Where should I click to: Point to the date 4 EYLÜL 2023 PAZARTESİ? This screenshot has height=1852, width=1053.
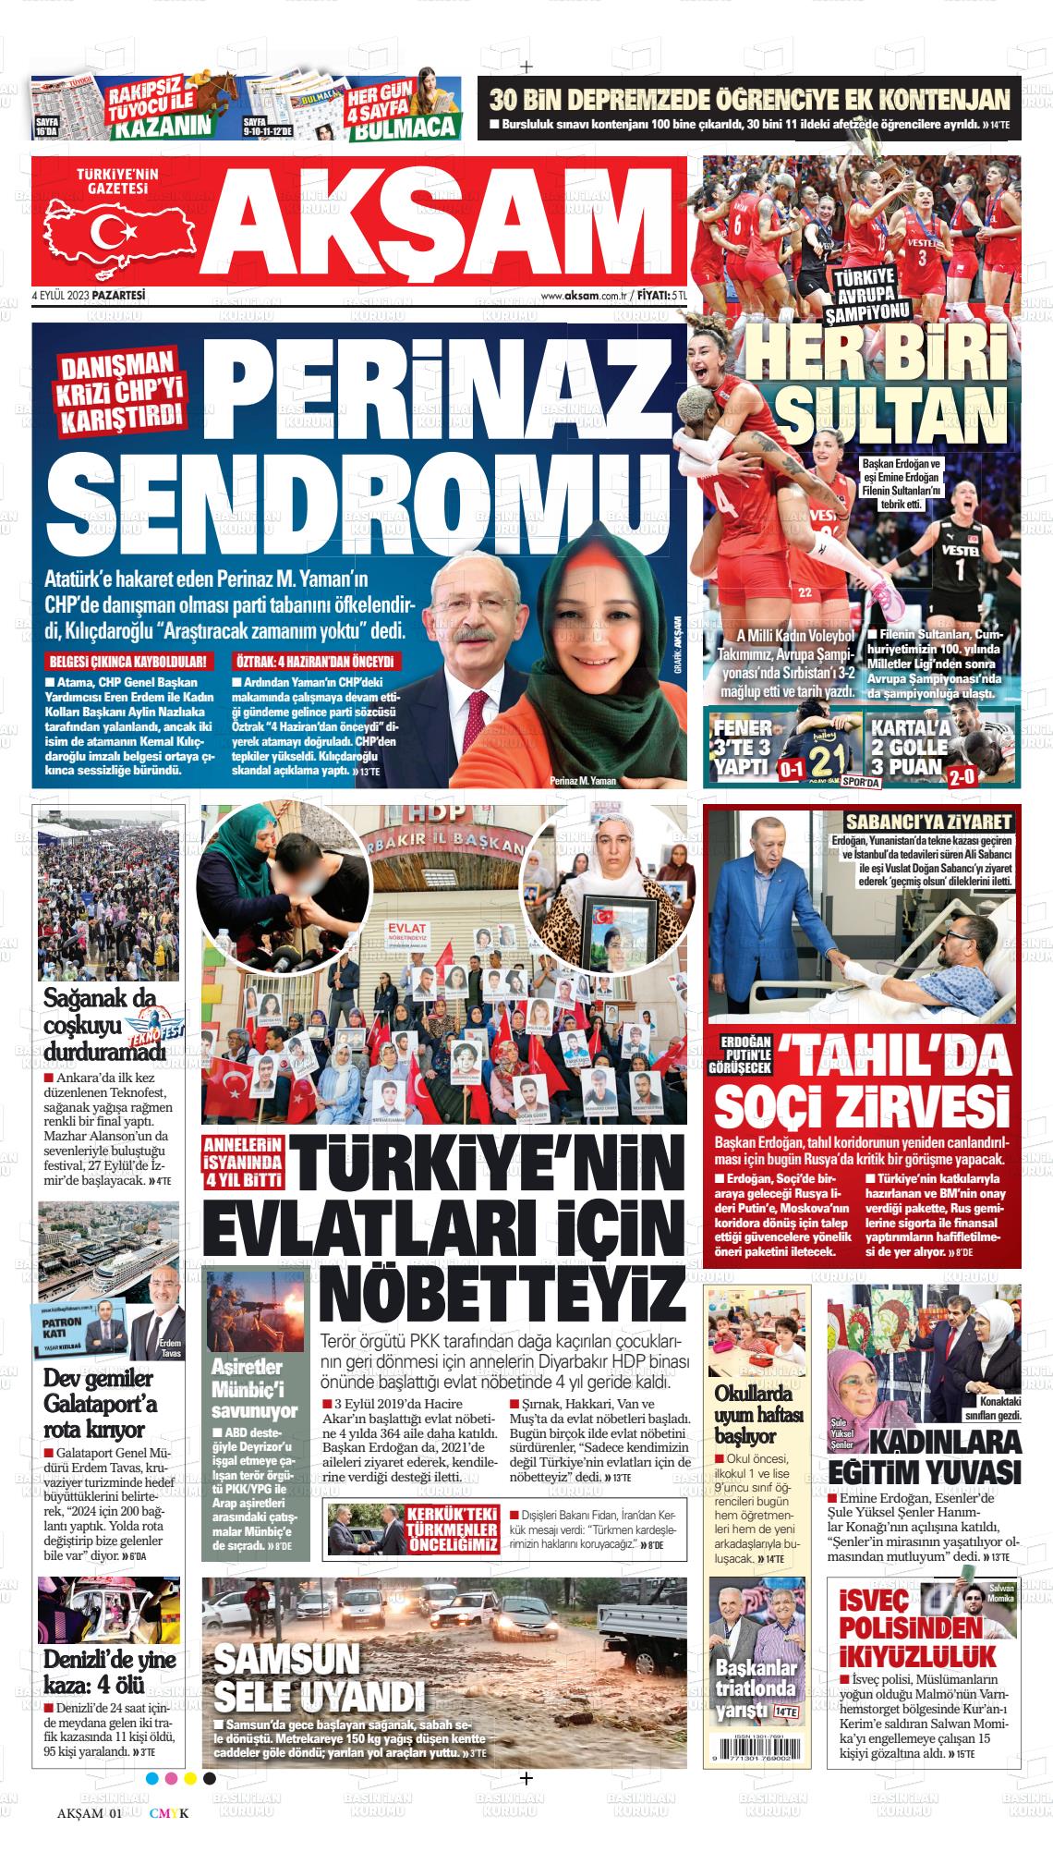coord(90,295)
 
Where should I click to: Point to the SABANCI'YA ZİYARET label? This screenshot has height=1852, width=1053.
coord(930,822)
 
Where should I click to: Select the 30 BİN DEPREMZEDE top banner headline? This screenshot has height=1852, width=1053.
coord(748,99)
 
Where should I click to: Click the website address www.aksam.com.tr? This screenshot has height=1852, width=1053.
coord(584,296)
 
